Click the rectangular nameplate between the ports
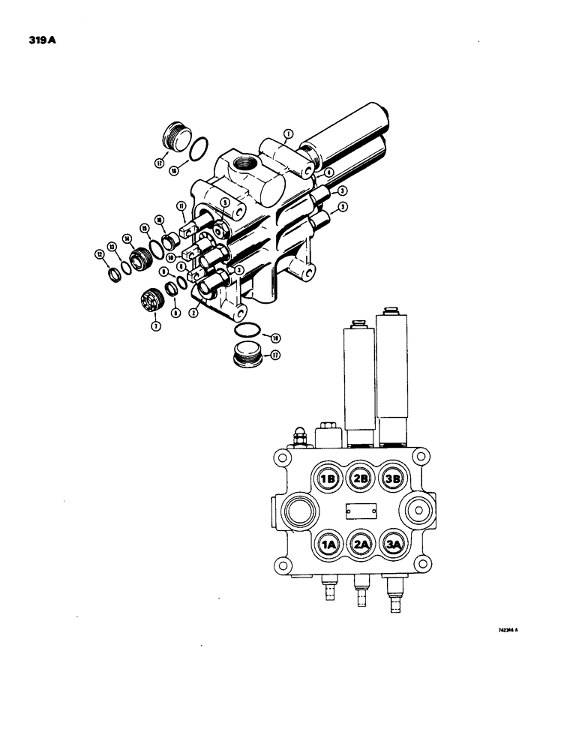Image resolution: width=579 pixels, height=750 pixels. [x=359, y=511]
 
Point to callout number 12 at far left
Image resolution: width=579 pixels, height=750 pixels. [x=100, y=255]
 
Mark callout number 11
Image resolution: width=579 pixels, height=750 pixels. [x=181, y=206]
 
